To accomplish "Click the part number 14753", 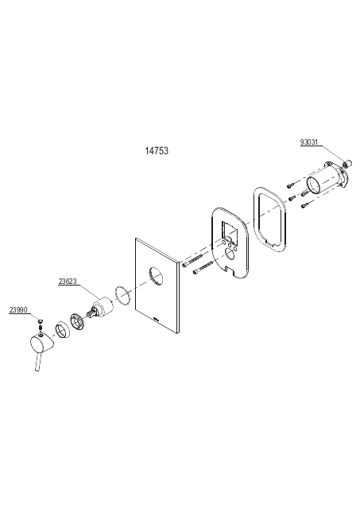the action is (x=157, y=151).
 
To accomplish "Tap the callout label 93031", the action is (x=309, y=142).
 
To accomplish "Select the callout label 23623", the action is (x=68, y=281).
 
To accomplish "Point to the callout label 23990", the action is (x=18, y=309).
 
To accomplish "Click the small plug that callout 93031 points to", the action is (x=347, y=163).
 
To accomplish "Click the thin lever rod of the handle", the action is (x=37, y=362).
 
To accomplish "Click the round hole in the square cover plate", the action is (x=157, y=276).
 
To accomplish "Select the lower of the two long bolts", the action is (x=203, y=267).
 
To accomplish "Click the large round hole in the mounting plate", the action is (x=230, y=254).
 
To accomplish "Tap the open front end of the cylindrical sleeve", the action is (x=314, y=185).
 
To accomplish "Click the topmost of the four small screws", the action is (x=291, y=185).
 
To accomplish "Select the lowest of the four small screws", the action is (x=306, y=205).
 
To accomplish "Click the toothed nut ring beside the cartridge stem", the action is (x=78, y=321).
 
